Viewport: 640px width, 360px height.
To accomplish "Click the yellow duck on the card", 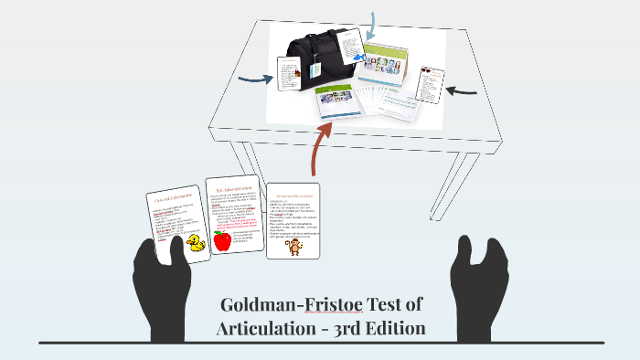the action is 195,242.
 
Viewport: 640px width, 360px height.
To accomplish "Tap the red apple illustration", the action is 221,240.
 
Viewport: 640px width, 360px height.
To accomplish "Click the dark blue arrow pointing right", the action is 252,79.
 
